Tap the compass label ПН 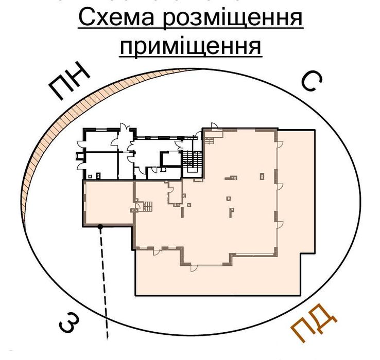pos(70,83)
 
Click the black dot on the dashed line pos(100,226)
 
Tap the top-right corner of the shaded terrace pos(314,131)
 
